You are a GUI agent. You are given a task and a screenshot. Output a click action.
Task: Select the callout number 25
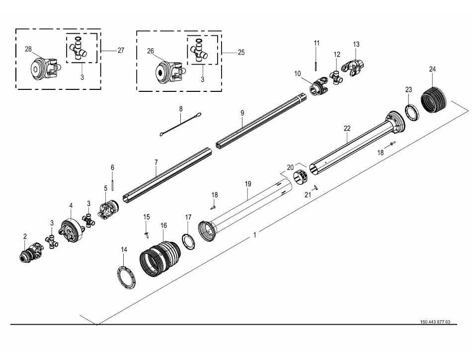tap(241, 52)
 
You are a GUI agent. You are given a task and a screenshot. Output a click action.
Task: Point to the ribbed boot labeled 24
tap(434, 98)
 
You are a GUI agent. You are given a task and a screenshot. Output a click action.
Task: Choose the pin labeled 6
tap(113, 183)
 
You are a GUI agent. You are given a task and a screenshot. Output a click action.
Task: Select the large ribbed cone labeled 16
tap(159, 256)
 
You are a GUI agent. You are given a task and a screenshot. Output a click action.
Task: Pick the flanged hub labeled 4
tap(71, 230)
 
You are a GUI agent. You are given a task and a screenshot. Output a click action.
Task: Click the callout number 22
tap(347, 128)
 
